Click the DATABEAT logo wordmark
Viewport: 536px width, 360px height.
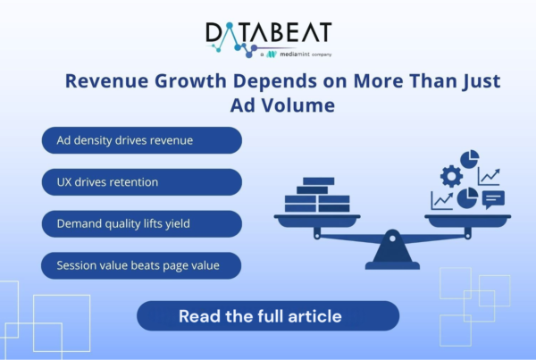point(269,34)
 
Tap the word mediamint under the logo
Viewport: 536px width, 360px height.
point(295,54)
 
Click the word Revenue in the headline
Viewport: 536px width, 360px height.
point(106,80)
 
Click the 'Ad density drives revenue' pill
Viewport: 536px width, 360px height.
point(142,140)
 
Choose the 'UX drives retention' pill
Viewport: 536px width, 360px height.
point(142,182)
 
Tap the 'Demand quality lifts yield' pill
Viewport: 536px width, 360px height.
point(142,223)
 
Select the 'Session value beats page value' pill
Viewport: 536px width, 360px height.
point(141,265)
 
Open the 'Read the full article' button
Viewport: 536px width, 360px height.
point(268,315)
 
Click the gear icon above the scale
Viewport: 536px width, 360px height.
point(451,176)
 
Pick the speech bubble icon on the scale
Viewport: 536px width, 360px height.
point(493,200)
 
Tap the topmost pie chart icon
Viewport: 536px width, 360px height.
point(470,159)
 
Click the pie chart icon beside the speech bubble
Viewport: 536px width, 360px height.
point(467,198)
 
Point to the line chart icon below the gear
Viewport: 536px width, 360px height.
point(442,201)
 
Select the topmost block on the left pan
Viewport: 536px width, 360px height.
point(319,180)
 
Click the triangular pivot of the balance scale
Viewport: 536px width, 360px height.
point(392,247)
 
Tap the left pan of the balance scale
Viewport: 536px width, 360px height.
point(317,221)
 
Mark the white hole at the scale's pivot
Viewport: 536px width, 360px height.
point(392,239)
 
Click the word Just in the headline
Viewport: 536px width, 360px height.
point(482,81)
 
